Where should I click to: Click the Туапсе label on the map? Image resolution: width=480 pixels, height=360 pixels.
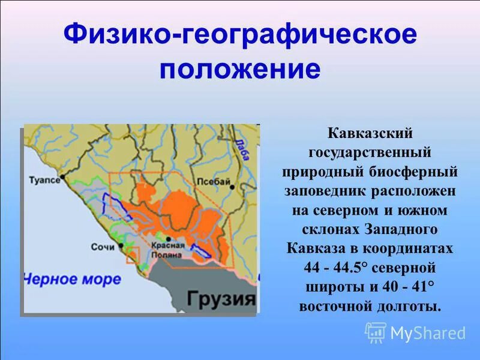(x=46, y=179)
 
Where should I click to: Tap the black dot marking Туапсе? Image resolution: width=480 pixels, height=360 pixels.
(x=64, y=180)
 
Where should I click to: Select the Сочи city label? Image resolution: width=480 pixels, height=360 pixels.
(x=102, y=247)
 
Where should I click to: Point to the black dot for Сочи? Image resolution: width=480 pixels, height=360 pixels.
(x=119, y=247)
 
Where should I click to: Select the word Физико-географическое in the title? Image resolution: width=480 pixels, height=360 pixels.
(x=239, y=34)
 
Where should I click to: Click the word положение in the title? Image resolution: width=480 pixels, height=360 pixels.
(x=239, y=69)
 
